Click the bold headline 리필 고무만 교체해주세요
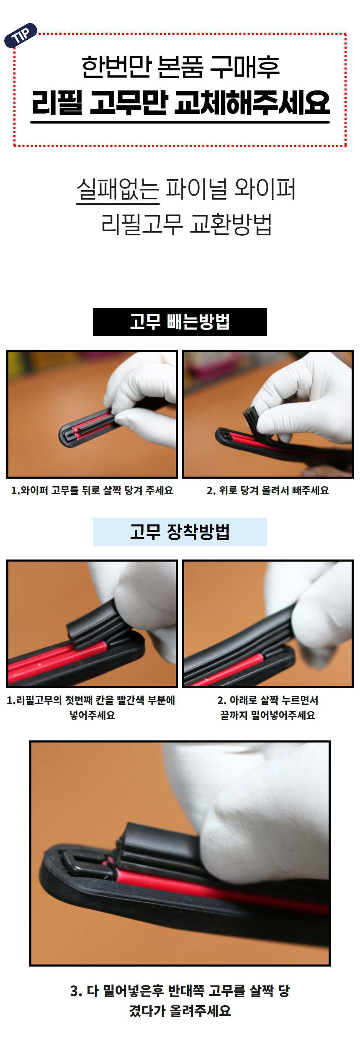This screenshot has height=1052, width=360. tap(180, 103)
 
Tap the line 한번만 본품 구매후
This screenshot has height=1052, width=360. tap(180, 67)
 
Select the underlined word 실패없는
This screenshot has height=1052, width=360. tap(118, 189)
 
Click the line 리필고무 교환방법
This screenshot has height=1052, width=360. tap(187, 224)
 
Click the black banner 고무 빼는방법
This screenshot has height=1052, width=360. tap(180, 322)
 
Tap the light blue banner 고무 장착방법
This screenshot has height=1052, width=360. tap(180, 531)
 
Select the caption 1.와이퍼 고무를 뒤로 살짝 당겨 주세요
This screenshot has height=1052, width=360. tap(92, 490)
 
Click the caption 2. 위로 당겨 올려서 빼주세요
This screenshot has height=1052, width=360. tap(267, 490)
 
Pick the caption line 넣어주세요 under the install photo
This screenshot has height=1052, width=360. tap(92, 715)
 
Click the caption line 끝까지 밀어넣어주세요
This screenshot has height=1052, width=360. tap(267, 715)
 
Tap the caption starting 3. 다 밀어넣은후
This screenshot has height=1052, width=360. tap(180, 1000)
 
